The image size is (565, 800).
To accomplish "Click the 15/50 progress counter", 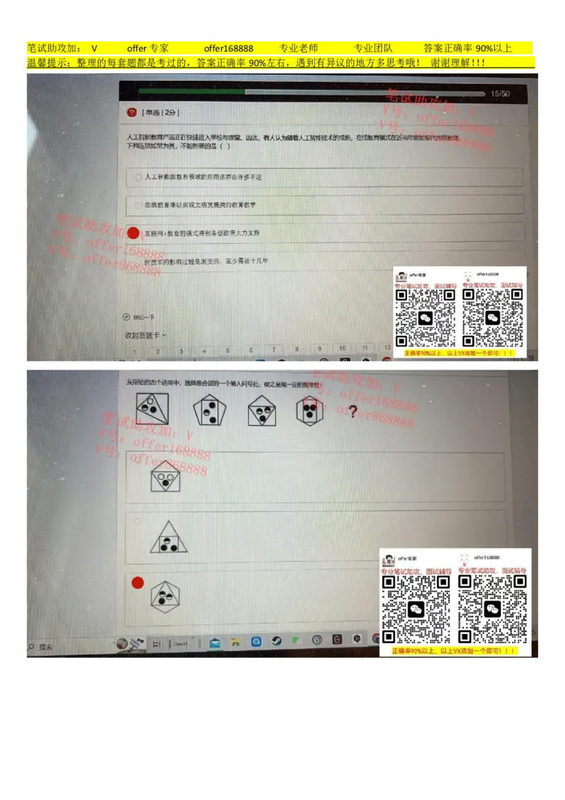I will click(x=500, y=93).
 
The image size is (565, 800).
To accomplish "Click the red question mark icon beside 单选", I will click(x=131, y=112).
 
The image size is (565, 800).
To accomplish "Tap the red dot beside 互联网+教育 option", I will click(x=133, y=233).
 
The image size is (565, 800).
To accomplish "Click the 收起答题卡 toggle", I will click(x=145, y=335).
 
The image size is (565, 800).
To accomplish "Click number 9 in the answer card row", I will click(x=319, y=349).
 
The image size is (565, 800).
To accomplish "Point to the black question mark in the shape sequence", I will click(x=352, y=411).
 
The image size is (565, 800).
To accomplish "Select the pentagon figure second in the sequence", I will click(x=210, y=409).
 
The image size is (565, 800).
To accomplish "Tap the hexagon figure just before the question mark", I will click(x=309, y=408).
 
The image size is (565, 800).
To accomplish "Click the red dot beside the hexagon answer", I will click(x=138, y=582).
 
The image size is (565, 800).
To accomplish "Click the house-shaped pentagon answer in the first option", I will click(x=165, y=476).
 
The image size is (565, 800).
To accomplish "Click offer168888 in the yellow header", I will click(x=228, y=49).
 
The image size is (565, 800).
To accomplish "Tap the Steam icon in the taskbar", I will click(x=277, y=641).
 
